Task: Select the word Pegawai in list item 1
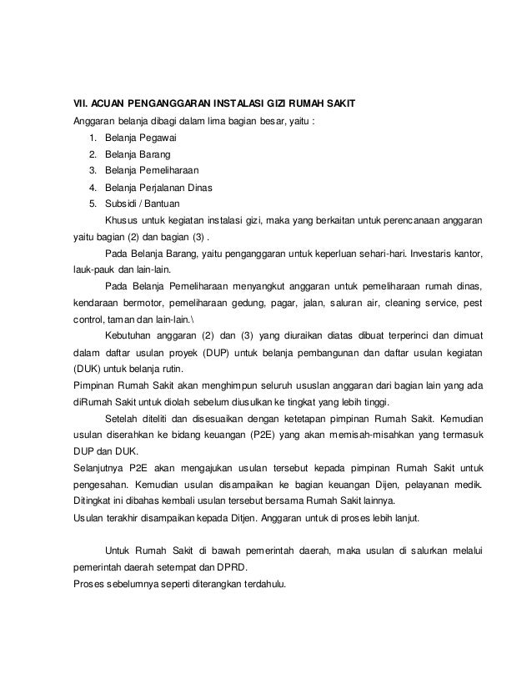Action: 148,139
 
